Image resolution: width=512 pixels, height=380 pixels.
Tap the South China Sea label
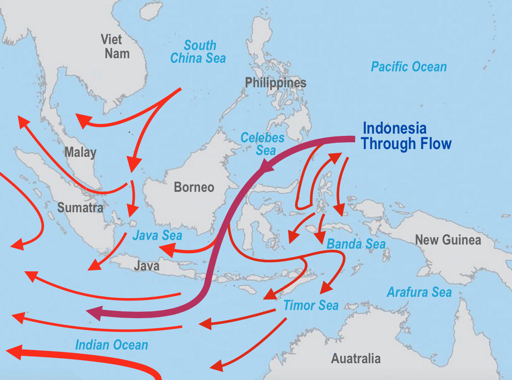tap(199, 52)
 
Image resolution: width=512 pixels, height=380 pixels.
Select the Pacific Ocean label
tap(409, 67)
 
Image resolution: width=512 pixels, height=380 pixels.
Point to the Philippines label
tap(276, 83)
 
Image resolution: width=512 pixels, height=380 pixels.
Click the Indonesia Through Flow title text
tap(406, 136)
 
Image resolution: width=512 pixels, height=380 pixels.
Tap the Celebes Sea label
tap(262, 144)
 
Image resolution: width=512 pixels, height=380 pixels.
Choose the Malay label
tap(80, 152)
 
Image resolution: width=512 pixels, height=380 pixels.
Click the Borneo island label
tap(194, 187)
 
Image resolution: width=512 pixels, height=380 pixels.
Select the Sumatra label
tap(80, 208)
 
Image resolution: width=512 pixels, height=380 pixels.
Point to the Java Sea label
tap(157, 235)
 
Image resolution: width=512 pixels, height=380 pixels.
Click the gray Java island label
tap(146, 265)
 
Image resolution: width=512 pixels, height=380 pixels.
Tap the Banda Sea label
tap(356, 244)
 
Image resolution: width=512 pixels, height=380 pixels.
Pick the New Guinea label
tap(448, 240)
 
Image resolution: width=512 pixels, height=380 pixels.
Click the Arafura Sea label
tap(419, 292)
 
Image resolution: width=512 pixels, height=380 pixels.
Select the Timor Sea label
tap(311, 305)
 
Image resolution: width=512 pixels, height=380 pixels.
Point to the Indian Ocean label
tap(112, 345)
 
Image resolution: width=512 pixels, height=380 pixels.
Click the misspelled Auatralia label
tap(356, 359)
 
